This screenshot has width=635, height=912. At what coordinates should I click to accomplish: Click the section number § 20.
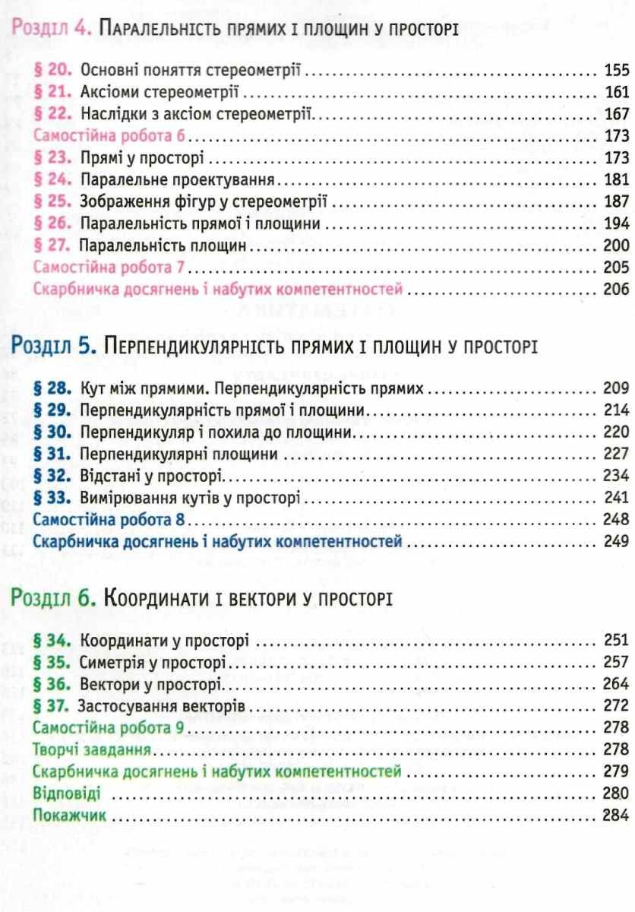(x=55, y=72)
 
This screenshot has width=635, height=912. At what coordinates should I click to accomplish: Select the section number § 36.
(x=55, y=683)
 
